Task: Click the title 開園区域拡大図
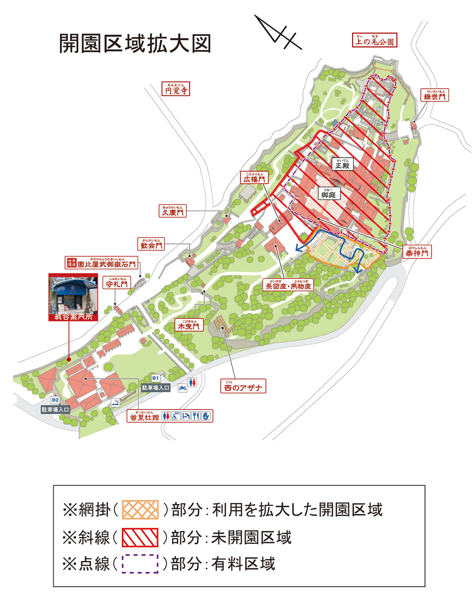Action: [x=135, y=43]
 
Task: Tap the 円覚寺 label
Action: [x=176, y=89]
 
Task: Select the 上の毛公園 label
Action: [x=374, y=40]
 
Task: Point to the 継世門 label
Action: [x=434, y=95]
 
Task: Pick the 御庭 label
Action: [x=328, y=193]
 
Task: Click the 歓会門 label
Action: [x=151, y=244]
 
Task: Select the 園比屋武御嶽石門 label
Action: [x=102, y=263]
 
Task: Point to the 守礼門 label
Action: [x=117, y=283]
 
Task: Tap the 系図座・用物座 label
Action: [x=288, y=285]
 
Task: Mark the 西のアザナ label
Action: [x=243, y=386]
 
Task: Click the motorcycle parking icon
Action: [x=182, y=387]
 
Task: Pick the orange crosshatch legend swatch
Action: [x=140, y=509]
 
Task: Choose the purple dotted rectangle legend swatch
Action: [x=140, y=563]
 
